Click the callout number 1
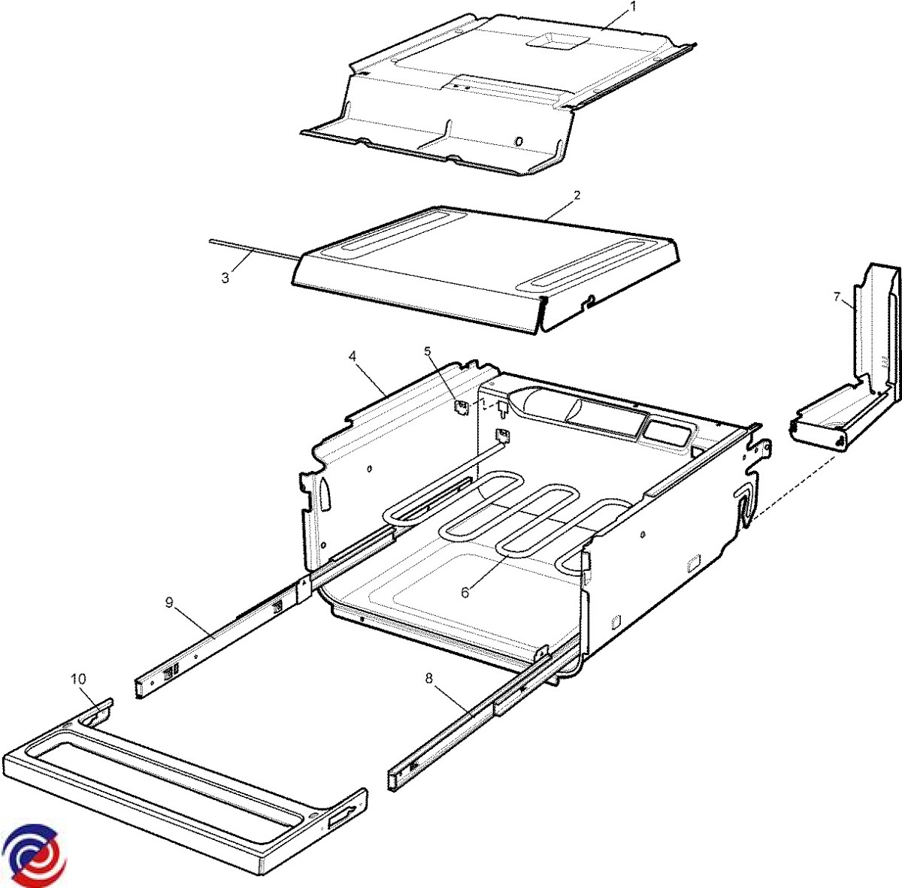click(x=634, y=7)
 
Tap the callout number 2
click(x=577, y=195)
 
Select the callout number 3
click(x=225, y=278)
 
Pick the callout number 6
click(x=465, y=592)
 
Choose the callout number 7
click(x=837, y=297)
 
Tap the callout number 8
click(x=428, y=678)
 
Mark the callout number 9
click(x=169, y=603)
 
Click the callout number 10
click(x=79, y=679)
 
